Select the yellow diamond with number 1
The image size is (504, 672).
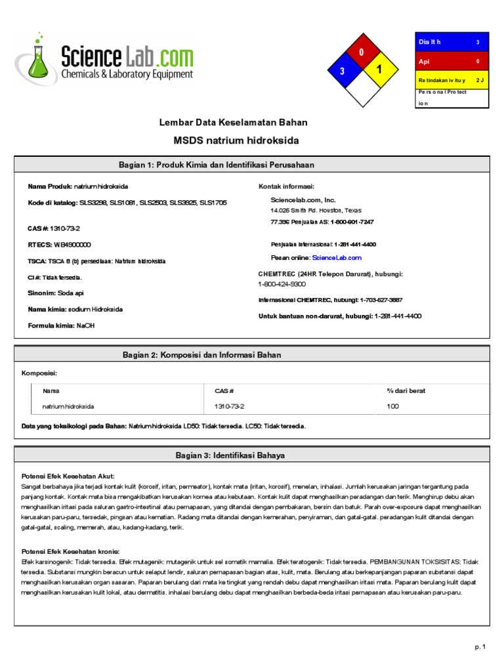click(379, 70)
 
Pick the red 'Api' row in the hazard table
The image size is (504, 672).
click(451, 61)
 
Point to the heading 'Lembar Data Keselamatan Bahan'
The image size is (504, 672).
click(234, 123)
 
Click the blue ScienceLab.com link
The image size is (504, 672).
click(337, 258)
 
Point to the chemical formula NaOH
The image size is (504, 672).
click(86, 325)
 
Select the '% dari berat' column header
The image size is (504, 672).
click(406, 391)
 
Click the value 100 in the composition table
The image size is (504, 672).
click(393, 406)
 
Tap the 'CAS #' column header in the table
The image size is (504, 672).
click(224, 391)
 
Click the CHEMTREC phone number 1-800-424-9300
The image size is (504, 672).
click(282, 284)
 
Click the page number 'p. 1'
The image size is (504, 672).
click(480, 647)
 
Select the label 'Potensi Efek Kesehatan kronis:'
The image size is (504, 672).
click(71, 551)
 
